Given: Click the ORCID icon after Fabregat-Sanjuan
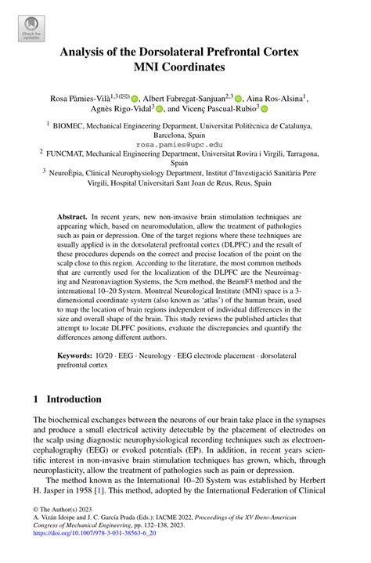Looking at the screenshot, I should (x=239, y=99).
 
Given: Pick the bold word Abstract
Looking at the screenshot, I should (x=74, y=215).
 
